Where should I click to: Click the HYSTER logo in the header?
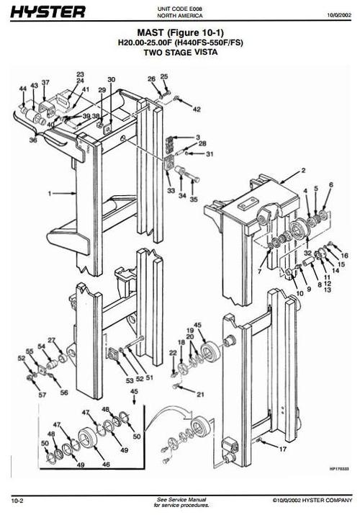point(48,12)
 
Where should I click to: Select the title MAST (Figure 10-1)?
point(180,33)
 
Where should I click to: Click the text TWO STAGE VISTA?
point(180,53)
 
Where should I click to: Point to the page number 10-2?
point(18,500)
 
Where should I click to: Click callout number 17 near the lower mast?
point(282,449)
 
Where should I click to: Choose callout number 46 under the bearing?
point(106,465)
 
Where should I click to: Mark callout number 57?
point(42,395)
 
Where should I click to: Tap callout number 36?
point(32,140)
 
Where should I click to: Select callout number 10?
point(299,293)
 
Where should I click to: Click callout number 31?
point(210,153)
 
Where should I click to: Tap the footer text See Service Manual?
point(181,498)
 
